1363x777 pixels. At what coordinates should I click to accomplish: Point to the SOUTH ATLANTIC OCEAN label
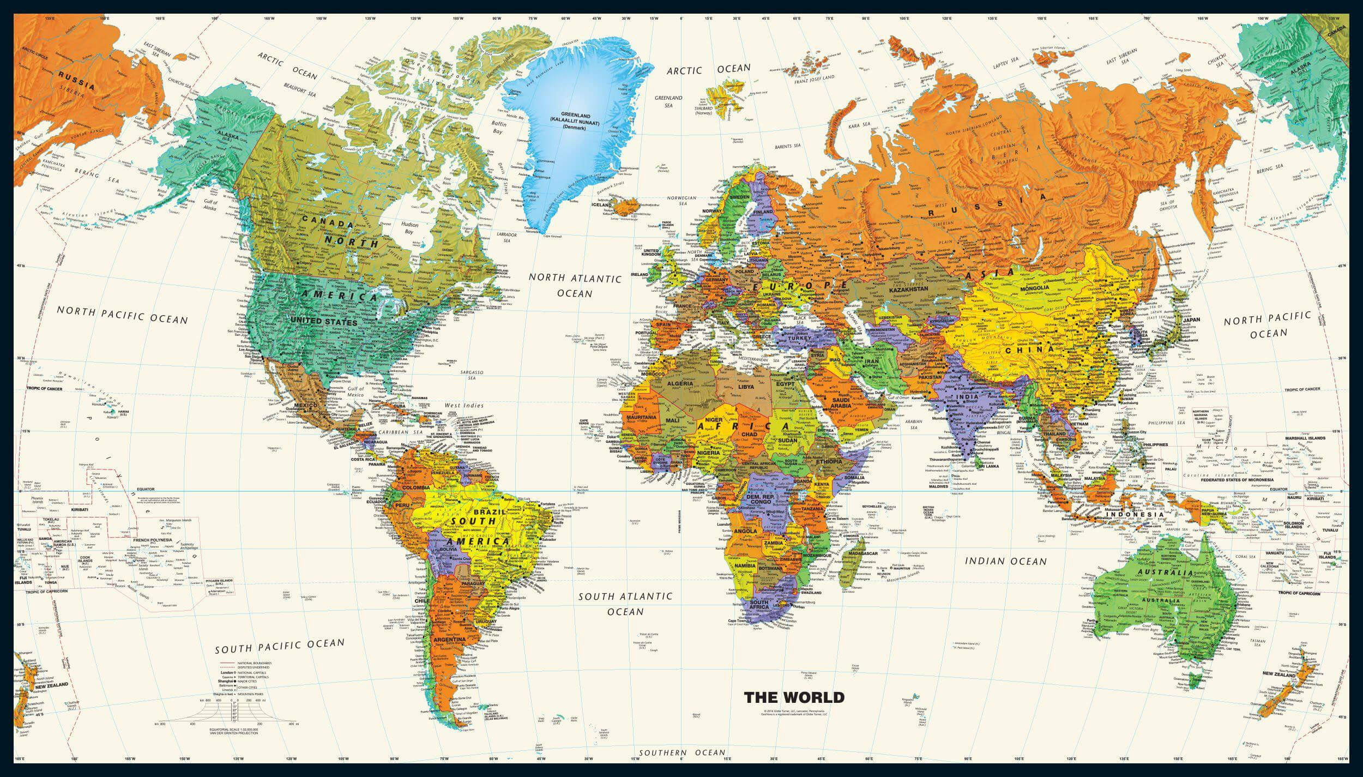[625, 604]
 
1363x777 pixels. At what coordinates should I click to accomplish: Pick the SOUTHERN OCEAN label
[682, 753]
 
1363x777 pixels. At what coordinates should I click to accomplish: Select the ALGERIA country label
[680, 384]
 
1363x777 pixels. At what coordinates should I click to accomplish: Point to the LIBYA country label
[746, 387]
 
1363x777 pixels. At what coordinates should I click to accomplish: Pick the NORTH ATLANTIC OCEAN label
[575, 285]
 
